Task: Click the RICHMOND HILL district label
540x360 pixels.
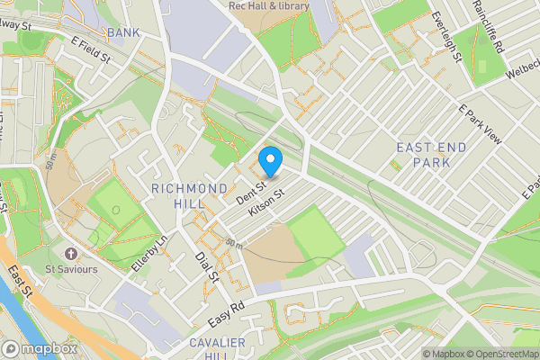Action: pyautogui.click(x=189, y=195)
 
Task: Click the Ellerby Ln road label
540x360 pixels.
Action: pyautogui.click(x=149, y=256)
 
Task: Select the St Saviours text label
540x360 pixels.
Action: pyautogui.click(x=71, y=267)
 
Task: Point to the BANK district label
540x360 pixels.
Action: pyautogui.click(x=123, y=33)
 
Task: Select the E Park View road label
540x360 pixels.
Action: pyautogui.click(x=479, y=122)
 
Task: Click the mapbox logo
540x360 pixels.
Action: pyautogui.click(x=39, y=348)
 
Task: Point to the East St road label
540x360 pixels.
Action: pyautogui.click(x=21, y=283)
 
